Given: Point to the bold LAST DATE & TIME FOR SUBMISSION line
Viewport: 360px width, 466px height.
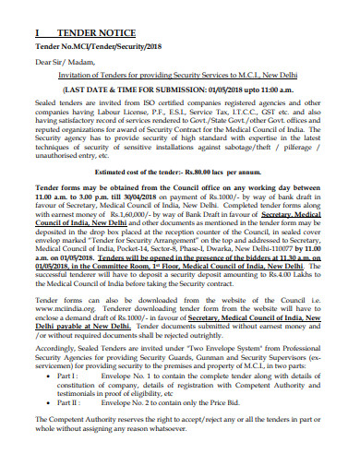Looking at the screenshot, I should (x=179, y=90).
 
